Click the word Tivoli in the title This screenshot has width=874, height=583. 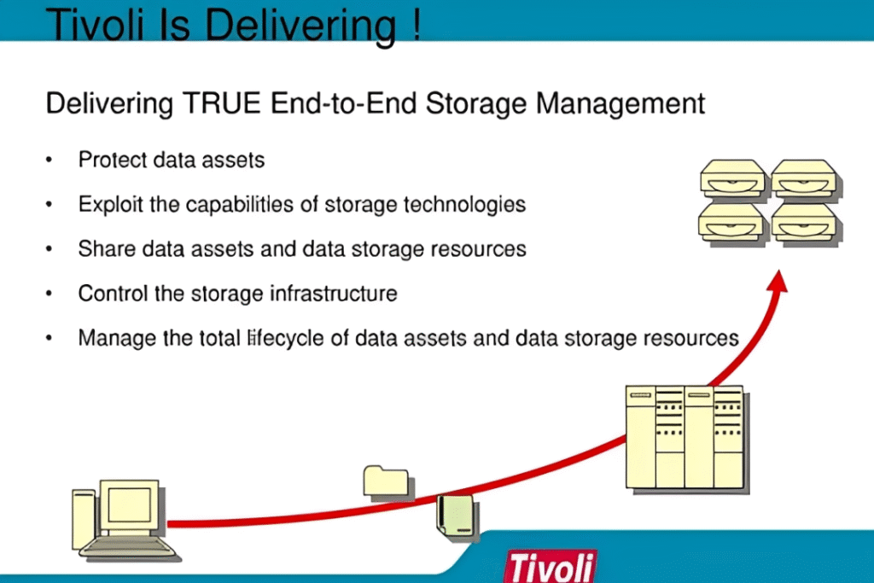pos(95,24)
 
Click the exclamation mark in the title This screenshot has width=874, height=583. pos(417,24)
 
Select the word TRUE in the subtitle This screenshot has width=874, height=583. pos(222,103)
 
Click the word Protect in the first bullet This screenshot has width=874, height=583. pos(113,160)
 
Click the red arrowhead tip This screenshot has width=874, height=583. pos(778,271)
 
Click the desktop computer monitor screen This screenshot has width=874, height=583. pos(129,504)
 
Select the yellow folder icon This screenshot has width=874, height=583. pos(386,481)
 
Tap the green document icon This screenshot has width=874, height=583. pos(456,515)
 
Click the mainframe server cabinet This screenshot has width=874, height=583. pos(685,437)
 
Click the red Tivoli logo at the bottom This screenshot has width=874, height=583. pos(551,566)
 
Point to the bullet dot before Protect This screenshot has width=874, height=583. pos(49,160)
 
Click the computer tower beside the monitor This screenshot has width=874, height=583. pos(84,518)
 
